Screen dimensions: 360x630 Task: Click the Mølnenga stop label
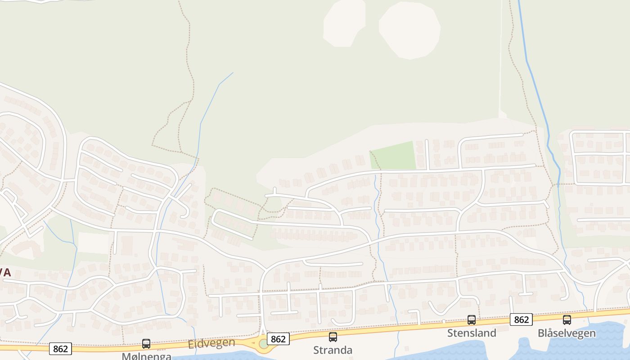(x=146, y=356)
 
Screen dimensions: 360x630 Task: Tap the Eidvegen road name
(x=211, y=343)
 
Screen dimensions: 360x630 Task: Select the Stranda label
(x=333, y=350)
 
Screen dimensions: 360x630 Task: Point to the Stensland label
(x=472, y=333)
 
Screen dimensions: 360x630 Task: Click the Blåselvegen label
(x=567, y=333)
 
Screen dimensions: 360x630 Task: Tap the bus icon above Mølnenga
(x=146, y=344)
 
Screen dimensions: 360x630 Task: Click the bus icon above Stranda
(x=333, y=337)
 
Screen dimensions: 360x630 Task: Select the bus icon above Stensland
(x=472, y=320)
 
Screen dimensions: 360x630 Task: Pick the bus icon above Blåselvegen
(x=567, y=320)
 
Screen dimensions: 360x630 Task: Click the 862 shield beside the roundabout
(x=278, y=339)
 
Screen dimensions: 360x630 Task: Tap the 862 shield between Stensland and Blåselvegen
(x=521, y=319)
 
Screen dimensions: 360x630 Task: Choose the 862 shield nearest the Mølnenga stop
(x=60, y=349)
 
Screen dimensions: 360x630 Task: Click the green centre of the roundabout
(x=264, y=344)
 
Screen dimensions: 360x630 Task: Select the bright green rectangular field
(x=393, y=156)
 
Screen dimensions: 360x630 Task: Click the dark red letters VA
(x=5, y=272)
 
